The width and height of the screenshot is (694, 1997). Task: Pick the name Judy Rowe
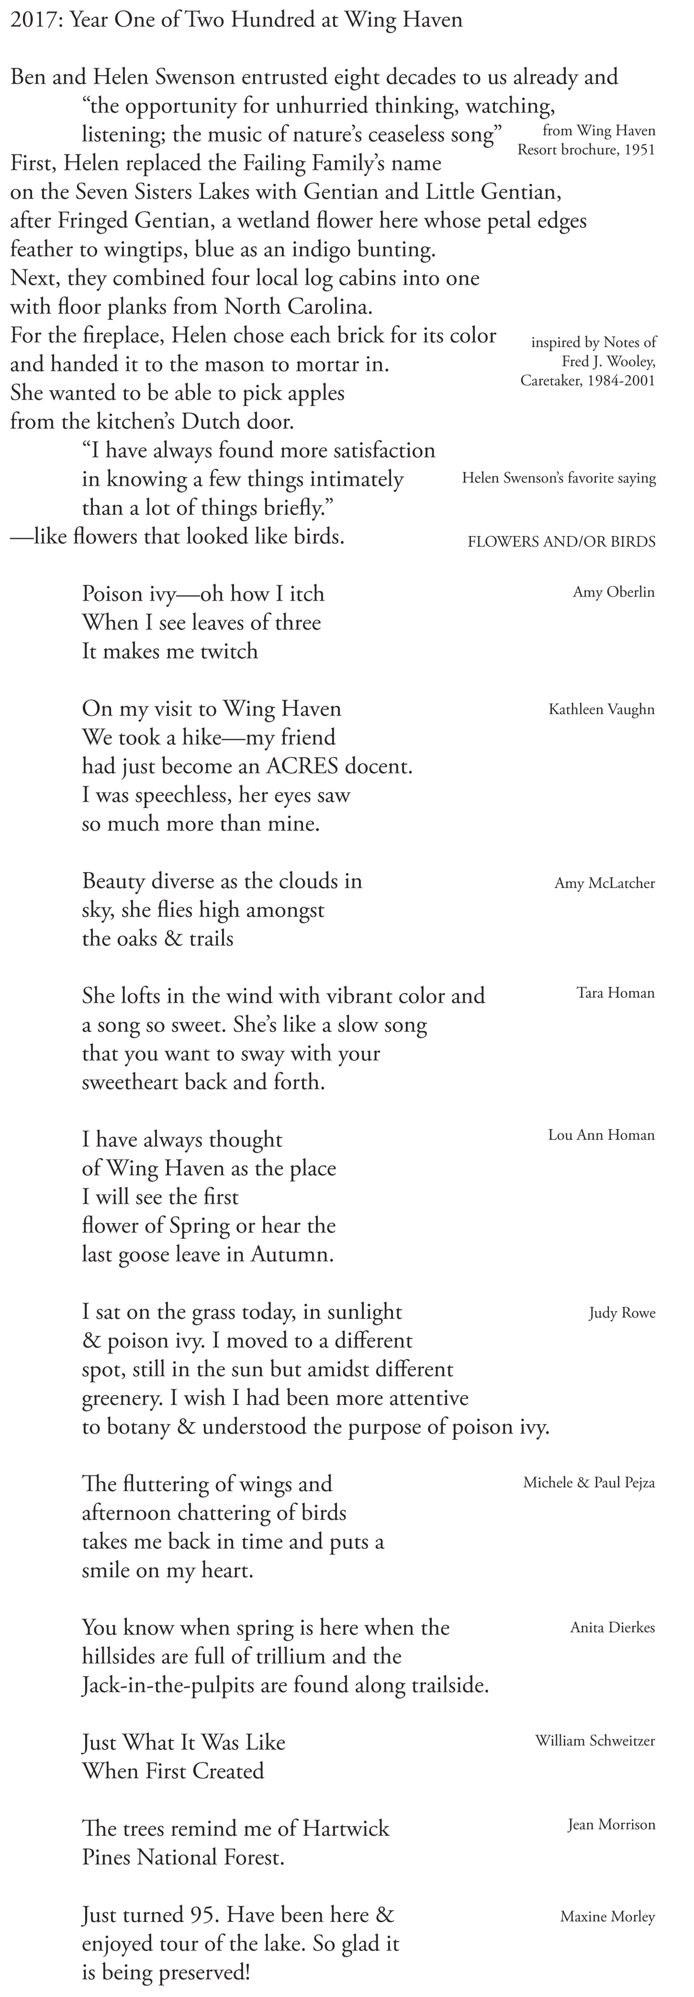622,1313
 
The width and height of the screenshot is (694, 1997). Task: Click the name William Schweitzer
595,1741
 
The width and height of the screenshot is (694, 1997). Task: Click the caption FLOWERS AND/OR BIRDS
561,542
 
